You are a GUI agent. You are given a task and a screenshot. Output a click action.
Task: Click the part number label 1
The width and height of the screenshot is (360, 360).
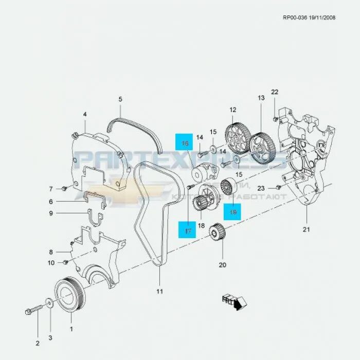[71, 329]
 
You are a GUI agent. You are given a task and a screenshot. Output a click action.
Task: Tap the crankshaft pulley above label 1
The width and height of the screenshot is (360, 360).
[67, 296]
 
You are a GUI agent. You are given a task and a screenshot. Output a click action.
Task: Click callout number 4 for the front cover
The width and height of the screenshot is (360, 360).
[85, 114]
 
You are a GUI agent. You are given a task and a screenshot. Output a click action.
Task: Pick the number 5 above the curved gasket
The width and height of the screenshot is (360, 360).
[120, 99]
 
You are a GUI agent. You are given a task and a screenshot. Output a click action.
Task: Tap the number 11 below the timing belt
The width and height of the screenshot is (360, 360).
[159, 292]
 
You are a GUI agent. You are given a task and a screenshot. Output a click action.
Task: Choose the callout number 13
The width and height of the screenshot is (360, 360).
[261, 98]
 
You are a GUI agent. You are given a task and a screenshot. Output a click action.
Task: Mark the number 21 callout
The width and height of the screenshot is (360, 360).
[307, 229]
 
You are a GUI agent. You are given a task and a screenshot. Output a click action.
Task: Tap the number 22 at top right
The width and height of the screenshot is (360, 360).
[275, 92]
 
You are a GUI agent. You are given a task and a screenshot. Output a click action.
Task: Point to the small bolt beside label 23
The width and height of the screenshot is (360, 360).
[279, 187]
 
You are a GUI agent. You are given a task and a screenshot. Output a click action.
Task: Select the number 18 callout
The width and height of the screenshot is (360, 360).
[201, 226]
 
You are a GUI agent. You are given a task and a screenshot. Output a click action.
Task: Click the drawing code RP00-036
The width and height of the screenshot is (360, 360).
[295, 17]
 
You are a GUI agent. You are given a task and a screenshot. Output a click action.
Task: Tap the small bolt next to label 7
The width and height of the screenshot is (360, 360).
[64, 187]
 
